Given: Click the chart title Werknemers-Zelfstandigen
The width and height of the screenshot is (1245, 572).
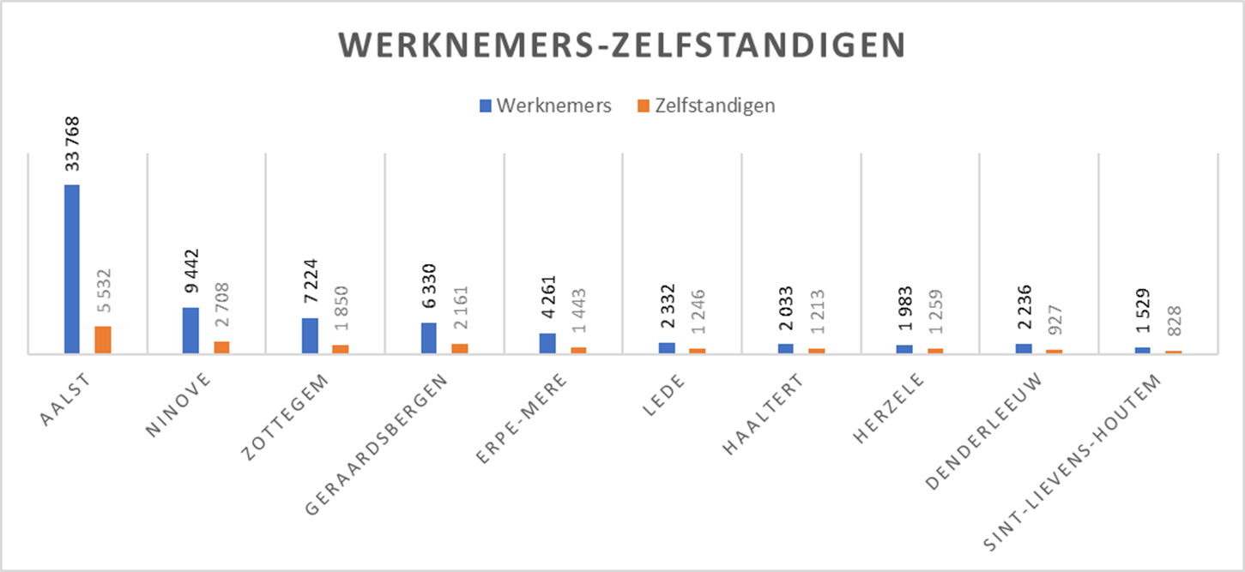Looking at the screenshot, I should (x=621, y=45).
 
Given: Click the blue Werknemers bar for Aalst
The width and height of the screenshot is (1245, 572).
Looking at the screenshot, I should (x=71, y=268).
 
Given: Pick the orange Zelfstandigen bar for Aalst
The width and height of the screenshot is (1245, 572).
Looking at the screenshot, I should (x=103, y=340).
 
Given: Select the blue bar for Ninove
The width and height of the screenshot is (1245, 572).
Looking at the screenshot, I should (x=190, y=330).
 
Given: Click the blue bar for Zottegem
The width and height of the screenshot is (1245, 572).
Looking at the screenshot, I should (x=310, y=335).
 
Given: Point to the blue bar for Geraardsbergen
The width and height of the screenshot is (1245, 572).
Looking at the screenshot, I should (x=429, y=338).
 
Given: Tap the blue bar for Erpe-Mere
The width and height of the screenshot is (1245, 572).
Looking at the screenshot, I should (x=547, y=343).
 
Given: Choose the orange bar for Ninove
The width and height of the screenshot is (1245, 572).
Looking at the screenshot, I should (x=222, y=347).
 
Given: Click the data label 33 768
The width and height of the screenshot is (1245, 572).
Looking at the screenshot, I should (x=72, y=144).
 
